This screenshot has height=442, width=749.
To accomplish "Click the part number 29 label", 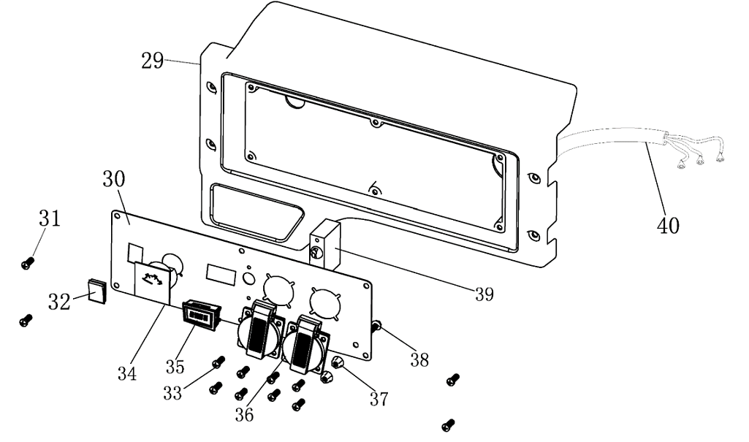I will click(x=153, y=61).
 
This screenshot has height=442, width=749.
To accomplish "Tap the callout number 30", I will click(x=113, y=179).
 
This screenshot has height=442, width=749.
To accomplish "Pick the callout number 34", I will click(x=127, y=374).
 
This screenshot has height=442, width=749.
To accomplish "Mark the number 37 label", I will click(x=379, y=398).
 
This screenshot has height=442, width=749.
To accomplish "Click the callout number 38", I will click(x=419, y=359).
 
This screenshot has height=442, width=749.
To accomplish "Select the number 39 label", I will click(x=483, y=294).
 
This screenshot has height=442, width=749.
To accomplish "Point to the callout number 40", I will click(x=668, y=225).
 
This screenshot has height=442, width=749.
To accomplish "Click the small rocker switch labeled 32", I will click(x=96, y=290).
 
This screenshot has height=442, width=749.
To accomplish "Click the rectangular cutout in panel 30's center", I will click(x=221, y=273).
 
